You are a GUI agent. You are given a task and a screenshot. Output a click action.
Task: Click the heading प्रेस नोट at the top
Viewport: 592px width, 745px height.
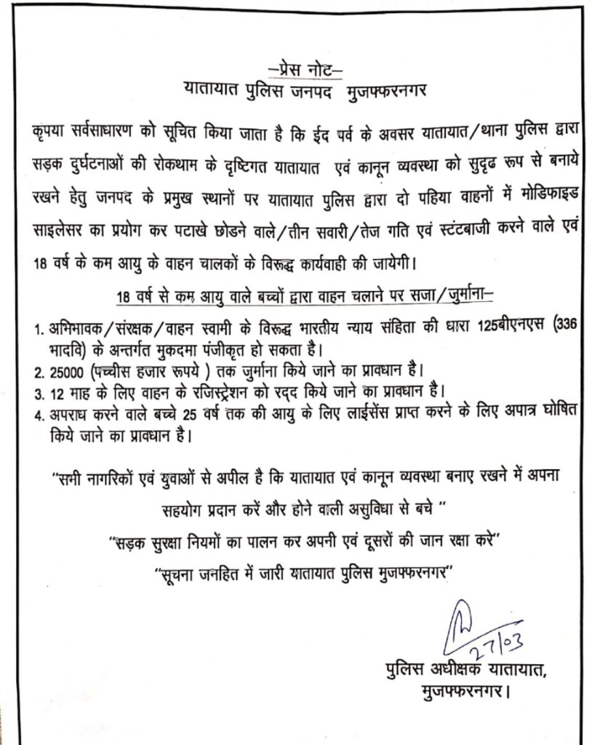coord(305,70)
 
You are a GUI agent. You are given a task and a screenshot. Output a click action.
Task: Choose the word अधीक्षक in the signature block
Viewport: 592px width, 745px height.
coord(452,668)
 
